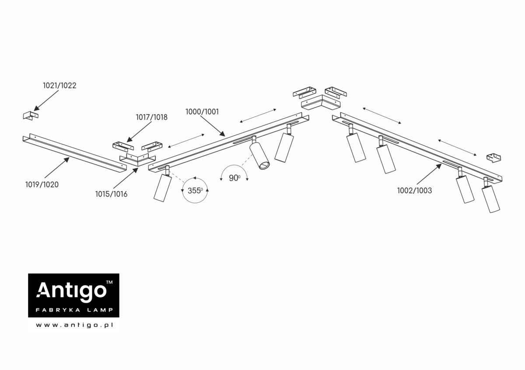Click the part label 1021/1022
(59, 86)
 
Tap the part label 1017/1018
(151, 117)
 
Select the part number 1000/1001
(202, 112)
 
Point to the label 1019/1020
(42, 185)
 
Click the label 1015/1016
(111, 194)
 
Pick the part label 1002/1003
(414, 190)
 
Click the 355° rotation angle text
(195, 191)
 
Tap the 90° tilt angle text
(234, 178)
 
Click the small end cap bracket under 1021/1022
(31, 115)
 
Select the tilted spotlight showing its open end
(259, 155)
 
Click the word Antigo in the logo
(71, 290)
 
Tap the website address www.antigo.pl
(74, 325)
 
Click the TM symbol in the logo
(109, 283)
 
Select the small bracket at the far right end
(494, 157)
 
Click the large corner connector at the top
(321, 103)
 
